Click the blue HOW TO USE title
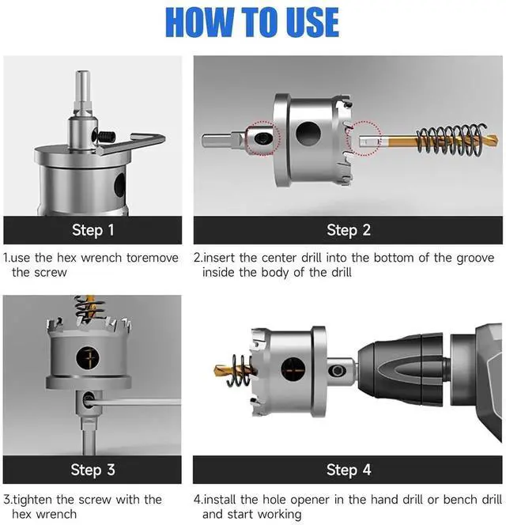click(x=252, y=22)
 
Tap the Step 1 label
click(x=93, y=230)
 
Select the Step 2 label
click(x=349, y=230)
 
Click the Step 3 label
click(x=93, y=470)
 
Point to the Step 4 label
click(x=349, y=470)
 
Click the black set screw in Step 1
click(x=107, y=136)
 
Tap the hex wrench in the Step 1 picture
click(x=130, y=144)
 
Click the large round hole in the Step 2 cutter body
click(x=308, y=134)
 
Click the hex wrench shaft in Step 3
click(x=134, y=402)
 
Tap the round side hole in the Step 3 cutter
click(x=88, y=358)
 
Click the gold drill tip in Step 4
click(x=222, y=370)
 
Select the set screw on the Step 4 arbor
click(x=337, y=371)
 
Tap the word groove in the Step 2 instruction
click(x=475, y=258)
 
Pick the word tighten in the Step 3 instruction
click(x=33, y=500)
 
